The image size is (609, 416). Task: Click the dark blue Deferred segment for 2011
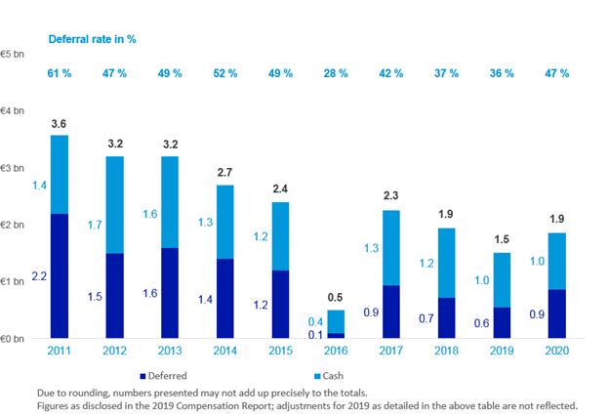[60, 275]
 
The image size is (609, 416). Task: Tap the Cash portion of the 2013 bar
[171, 201]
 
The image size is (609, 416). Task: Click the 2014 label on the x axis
[225, 350]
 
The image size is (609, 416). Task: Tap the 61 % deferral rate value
[61, 73]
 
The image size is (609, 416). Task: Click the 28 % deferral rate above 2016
[336, 73]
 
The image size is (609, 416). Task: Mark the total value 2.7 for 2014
[225, 172]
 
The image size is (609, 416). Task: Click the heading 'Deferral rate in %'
[94, 38]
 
